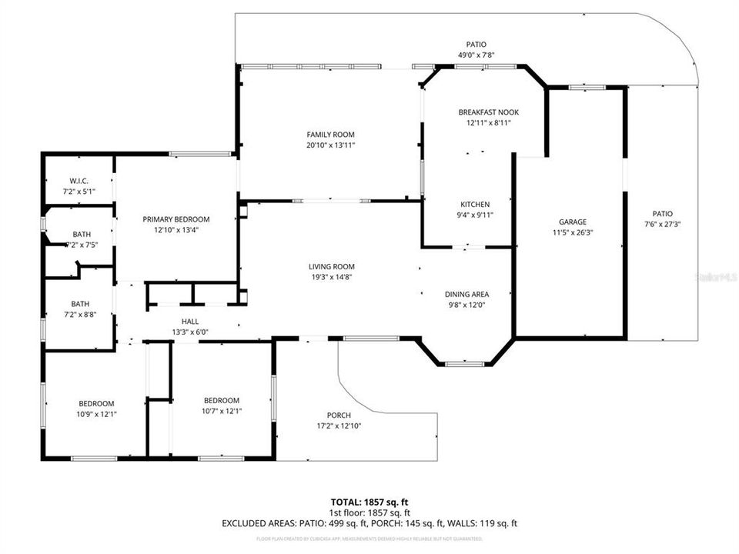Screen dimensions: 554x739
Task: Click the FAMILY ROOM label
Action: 330,135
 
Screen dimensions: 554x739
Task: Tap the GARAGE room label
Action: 573,222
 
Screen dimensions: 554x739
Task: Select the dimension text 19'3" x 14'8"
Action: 332,277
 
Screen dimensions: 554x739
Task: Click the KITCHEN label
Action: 475,205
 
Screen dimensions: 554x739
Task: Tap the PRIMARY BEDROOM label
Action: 176,219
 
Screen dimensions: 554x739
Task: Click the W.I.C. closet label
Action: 79,181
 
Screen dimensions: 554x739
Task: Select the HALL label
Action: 190,322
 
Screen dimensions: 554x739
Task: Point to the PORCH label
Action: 339,415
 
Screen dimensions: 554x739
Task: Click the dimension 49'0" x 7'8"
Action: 476,55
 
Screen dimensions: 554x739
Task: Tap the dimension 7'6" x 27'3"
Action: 662,224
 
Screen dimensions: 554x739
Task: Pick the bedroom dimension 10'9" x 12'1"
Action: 96,414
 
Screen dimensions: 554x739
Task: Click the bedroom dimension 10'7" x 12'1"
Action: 222,411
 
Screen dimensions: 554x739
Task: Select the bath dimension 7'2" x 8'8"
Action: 81,314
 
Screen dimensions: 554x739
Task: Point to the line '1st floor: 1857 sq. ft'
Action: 369,512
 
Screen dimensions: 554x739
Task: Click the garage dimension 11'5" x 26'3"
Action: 573,232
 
